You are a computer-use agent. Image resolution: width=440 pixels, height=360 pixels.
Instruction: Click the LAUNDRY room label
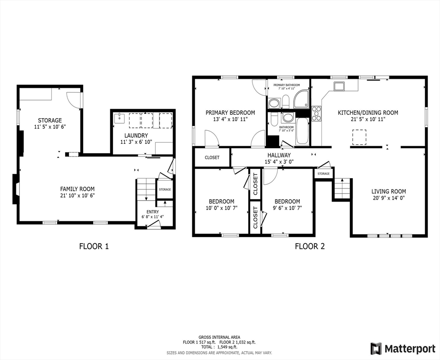click(x=136, y=135)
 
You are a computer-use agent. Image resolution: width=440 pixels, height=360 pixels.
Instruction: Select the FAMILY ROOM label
click(x=77, y=189)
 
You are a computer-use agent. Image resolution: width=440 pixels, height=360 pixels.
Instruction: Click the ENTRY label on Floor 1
click(x=152, y=212)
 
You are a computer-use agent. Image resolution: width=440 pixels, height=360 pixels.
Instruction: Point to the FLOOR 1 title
click(x=94, y=246)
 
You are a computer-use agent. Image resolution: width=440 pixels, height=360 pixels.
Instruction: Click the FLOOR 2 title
click(x=310, y=246)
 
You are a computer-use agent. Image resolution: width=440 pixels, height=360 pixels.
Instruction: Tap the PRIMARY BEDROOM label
click(x=230, y=112)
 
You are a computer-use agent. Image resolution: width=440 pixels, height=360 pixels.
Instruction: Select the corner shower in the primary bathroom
click(x=301, y=99)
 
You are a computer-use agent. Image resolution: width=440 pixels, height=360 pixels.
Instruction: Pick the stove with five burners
click(x=317, y=113)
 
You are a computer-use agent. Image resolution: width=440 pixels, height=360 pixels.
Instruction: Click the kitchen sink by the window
click(x=339, y=86)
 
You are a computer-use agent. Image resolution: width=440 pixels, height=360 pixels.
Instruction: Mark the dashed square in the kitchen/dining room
click(x=359, y=137)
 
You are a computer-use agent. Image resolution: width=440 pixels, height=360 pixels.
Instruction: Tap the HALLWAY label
click(x=279, y=155)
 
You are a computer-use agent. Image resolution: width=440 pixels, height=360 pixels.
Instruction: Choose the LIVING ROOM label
click(x=388, y=191)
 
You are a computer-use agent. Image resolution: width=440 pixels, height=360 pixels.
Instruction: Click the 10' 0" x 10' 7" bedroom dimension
click(x=221, y=208)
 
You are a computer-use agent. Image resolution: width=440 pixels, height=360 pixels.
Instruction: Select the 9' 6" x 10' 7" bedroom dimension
click(x=287, y=208)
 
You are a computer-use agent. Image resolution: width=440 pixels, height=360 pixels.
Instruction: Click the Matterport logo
click(x=402, y=348)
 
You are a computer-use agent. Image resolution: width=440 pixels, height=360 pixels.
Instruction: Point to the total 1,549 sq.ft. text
click(x=220, y=347)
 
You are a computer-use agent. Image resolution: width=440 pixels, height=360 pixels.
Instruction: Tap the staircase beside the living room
click(x=342, y=189)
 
